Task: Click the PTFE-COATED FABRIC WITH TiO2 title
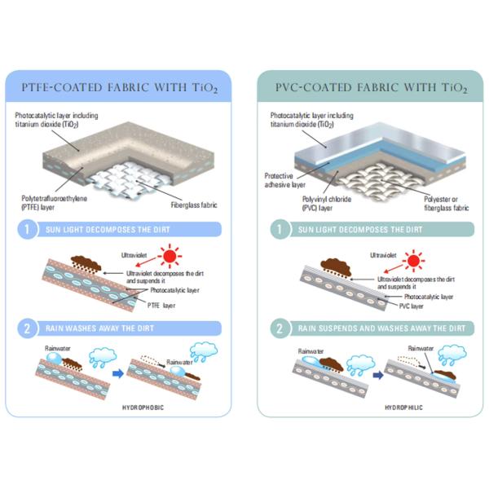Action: (120, 88)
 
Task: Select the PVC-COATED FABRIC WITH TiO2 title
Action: (371, 88)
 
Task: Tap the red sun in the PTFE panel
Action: (170, 257)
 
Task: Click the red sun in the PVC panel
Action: (413, 260)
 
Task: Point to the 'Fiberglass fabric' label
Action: (194, 205)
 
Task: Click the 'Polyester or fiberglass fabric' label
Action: (447, 203)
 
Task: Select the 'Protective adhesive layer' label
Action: (284, 180)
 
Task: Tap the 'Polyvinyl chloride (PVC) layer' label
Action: (327, 203)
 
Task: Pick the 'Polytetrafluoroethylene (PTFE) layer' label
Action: (54, 203)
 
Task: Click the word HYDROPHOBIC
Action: (143, 407)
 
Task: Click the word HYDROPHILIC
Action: (403, 407)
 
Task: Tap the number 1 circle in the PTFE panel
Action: (27, 230)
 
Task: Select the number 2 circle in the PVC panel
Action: (280, 328)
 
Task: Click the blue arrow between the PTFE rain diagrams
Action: (118, 373)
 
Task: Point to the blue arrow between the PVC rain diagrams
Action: (378, 375)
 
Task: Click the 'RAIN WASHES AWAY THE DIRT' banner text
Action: (99, 328)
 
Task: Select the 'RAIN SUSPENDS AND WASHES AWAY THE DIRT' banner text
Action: (381, 328)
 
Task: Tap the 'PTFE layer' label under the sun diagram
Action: (161, 306)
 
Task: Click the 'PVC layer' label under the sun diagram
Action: (411, 306)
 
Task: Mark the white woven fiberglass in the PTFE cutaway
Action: (130, 179)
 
